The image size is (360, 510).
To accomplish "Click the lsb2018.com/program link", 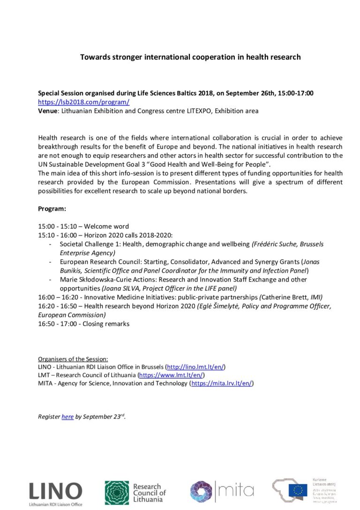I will tap(83, 102).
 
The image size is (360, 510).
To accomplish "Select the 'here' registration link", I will tap(67, 416).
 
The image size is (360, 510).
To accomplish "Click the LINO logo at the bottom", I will tap(55, 491).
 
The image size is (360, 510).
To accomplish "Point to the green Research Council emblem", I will tap(116, 492).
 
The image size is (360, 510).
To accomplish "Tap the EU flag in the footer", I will tap(298, 490).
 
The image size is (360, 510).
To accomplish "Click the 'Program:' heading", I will tap(52, 209).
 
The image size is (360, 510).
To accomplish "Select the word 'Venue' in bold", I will tap(48, 111).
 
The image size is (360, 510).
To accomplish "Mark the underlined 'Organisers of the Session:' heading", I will tap(73, 359).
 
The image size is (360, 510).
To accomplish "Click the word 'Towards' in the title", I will tap(94, 57).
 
